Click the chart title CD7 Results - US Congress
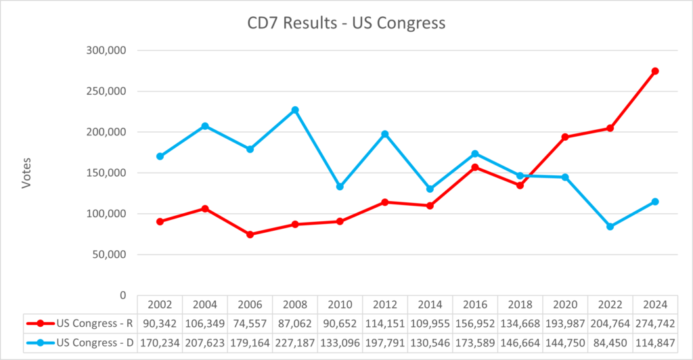tap(346, 23)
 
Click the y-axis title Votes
tap(26, 173)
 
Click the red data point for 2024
tap(655, 71)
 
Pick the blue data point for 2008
tap(295, 110)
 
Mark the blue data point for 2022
tap(610, 227)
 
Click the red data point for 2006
tap(250, 234)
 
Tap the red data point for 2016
tap(475, 167)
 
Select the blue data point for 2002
tap(160, 156)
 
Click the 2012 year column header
tap(385, 304)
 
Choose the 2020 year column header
tap(565, 304)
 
